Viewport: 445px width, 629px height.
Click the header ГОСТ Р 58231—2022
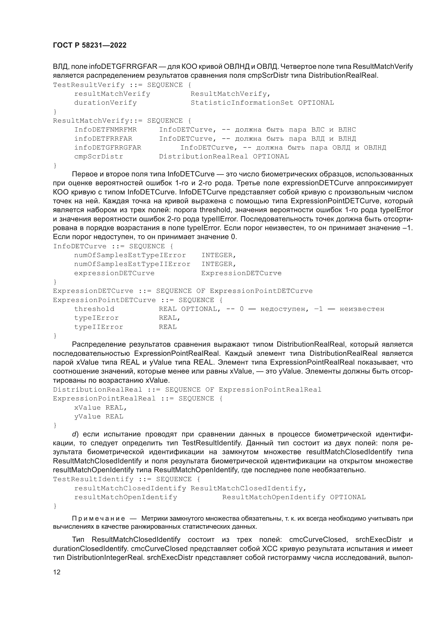[90, 45]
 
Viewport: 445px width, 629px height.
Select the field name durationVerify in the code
[105, 103]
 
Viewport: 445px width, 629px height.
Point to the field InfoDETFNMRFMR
[105, 130]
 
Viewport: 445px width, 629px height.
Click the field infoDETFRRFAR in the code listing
[103, 138]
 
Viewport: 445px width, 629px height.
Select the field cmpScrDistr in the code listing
[99, 157]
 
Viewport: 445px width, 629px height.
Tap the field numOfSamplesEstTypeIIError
[132, 264]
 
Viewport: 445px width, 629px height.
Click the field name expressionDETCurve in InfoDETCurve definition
[114, 273]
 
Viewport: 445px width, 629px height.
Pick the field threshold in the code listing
[94, 309]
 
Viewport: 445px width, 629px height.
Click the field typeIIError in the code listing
[99, 327]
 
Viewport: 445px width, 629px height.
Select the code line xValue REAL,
[101, 408]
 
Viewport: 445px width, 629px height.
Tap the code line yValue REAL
[99, 417]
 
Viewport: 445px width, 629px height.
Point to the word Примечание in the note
[98, 518]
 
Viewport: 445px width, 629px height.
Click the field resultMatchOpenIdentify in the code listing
[125, 497]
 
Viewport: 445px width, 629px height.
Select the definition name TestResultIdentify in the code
[93, 479]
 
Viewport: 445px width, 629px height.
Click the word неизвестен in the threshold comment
[362, 309]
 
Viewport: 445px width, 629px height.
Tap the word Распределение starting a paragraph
[98, 344]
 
